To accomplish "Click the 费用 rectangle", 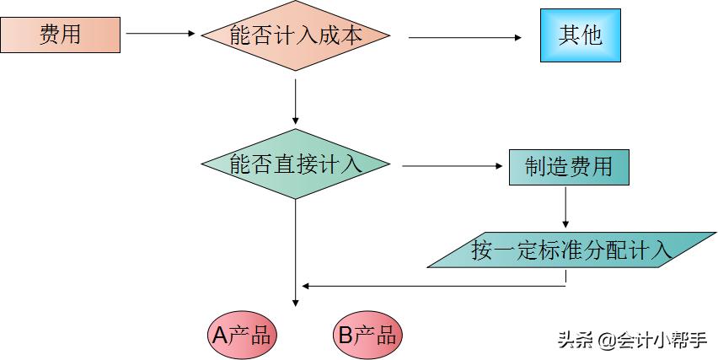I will tap(61, 35).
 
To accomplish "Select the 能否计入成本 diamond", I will tap(296, 35).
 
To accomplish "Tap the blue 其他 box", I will tap(581, 35).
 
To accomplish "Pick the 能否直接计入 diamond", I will tap(296, 164).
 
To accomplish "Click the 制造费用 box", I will tap(569, 166).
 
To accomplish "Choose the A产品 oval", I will tap(242, 336).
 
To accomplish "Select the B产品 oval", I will tap(367, 336).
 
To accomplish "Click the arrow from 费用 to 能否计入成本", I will tap(160, 35).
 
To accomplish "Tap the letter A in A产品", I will tap(220, 336).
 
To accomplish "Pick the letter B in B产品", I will tap(346, 336).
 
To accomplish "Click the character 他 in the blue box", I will tap(592, 35).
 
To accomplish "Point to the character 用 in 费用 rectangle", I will tap(72, 35).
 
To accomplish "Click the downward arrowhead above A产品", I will tap(296, 300).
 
